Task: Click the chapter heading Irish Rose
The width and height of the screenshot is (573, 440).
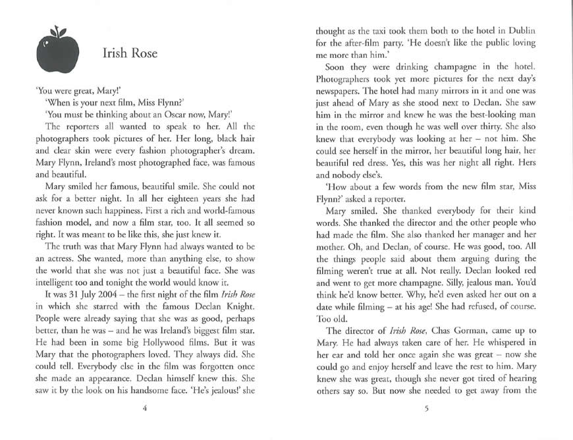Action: pyautogui.click(x=130, y=53)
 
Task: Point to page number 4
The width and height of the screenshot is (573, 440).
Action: pyautogui.click(x=144, y=408)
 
